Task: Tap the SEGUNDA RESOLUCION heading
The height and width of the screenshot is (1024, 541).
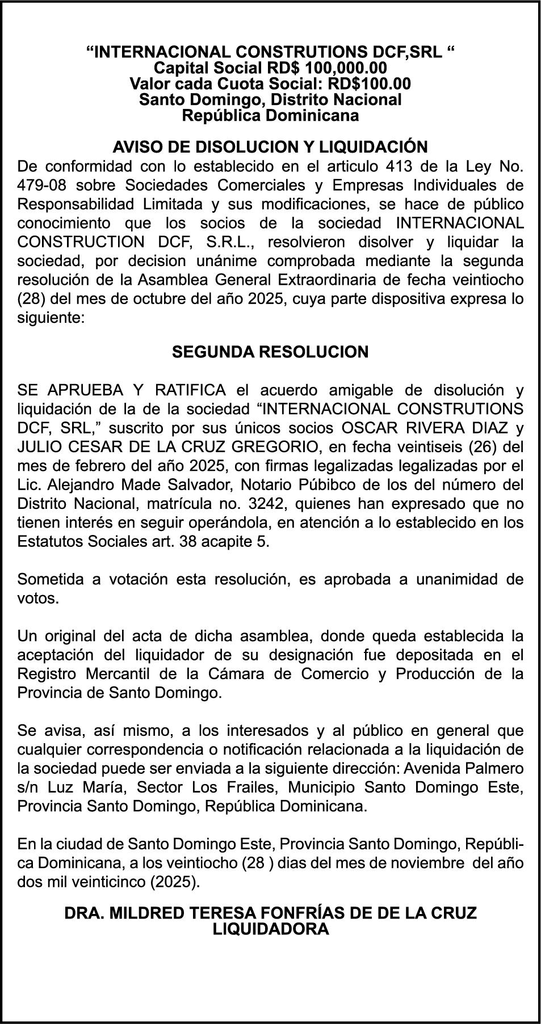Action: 270,352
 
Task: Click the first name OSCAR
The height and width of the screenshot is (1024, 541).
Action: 367,428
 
